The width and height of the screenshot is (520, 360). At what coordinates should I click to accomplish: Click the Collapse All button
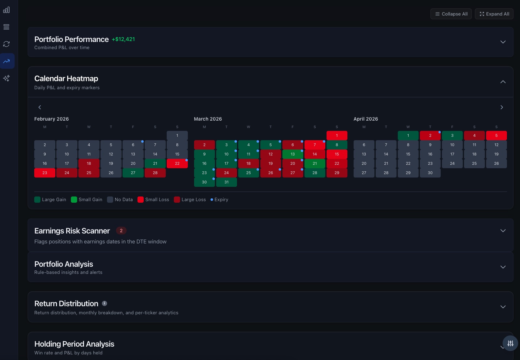coord(451,14)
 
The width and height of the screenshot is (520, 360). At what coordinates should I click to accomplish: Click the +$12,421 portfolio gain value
coord(123,39)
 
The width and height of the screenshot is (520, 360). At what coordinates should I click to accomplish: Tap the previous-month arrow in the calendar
coord(39,107)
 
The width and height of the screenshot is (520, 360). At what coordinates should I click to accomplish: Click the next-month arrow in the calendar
coord(501,107)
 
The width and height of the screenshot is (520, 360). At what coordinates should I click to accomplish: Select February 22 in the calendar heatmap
coord(177,164)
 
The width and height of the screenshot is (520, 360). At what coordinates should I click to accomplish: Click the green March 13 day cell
coord(292,154)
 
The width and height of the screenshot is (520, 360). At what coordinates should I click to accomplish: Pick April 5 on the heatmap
coord(496,136)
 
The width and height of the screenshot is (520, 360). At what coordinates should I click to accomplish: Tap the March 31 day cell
coord(226,182)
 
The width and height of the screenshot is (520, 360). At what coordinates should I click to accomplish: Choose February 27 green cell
coord(133,173)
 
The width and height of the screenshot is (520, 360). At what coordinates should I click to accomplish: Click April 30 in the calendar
coord(430,173)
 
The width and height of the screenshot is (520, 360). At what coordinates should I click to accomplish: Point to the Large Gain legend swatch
coord(37,200)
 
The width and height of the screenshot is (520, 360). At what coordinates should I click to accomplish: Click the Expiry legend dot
coord(212,200)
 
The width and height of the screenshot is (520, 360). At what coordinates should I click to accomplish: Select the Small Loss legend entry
coord(154,200)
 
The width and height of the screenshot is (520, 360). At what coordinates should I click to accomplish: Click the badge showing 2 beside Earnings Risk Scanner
coord(121,231)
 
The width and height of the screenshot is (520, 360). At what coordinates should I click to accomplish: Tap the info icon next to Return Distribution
coord(104,303)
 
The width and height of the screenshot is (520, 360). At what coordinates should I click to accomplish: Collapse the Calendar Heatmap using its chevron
coord(503,82)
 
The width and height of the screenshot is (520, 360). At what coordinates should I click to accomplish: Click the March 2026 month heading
coord(208,119)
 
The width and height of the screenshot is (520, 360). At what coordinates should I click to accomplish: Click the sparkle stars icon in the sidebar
coord(7,78)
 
